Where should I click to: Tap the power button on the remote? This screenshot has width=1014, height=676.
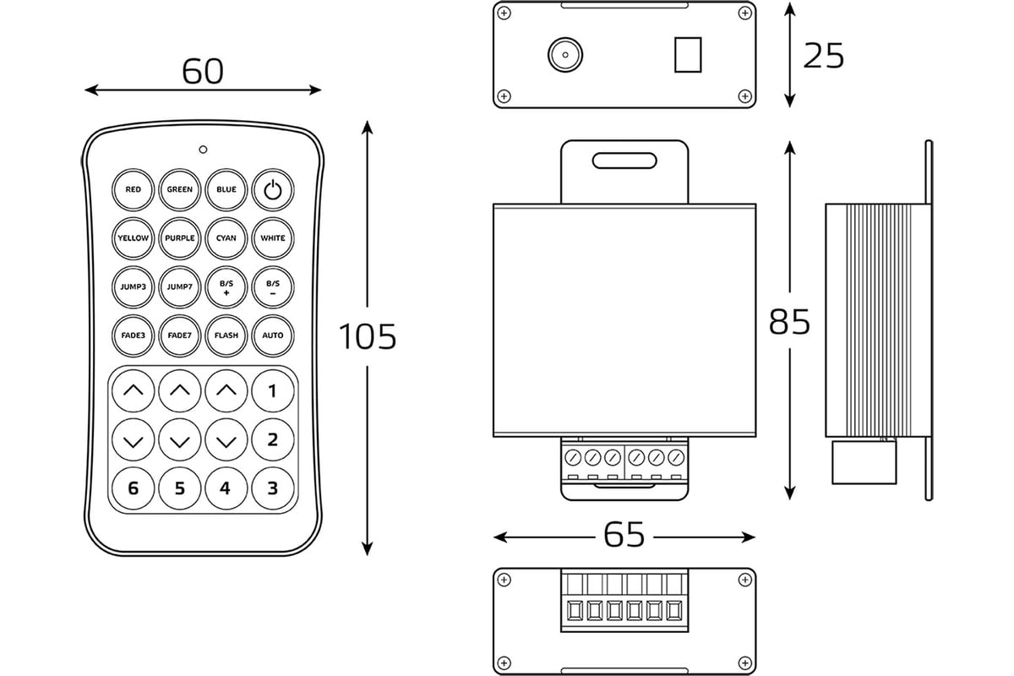coord(272,189)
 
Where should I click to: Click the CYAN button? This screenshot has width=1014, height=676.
coord(226,238)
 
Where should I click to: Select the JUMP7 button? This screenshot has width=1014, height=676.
coord(179,286)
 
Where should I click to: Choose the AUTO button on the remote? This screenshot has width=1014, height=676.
coord(272,335)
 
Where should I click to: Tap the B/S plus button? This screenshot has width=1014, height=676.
coord(226,286)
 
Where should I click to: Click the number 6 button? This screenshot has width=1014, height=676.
coord(133,488)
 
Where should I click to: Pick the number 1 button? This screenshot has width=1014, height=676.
coord(272,390)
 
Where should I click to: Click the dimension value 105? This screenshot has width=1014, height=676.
coord(368,337)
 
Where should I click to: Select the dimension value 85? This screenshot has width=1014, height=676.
coord(790,322)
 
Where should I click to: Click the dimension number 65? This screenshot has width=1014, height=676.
coord(624,534)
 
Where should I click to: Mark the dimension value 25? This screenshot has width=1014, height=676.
coord(823,56)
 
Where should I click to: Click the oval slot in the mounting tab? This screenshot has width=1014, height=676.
coord(624,160)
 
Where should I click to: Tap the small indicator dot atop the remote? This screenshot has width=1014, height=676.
coord(203,150)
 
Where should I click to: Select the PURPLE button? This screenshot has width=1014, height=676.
coord(179,238)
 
